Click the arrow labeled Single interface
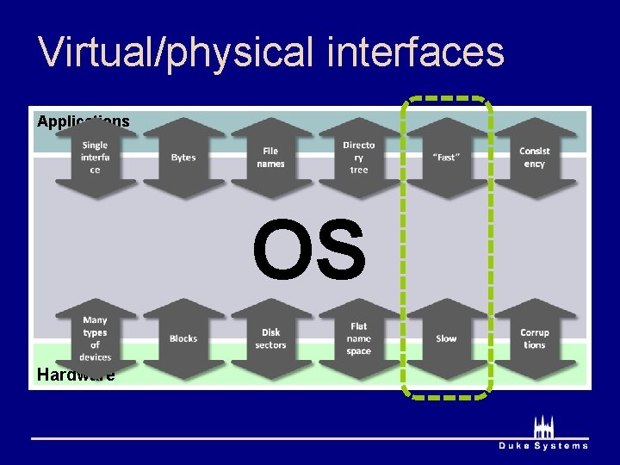96,158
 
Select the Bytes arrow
183,158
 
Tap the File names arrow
270,158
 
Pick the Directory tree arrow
358,158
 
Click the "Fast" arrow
446,158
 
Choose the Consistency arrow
534,158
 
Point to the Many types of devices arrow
96,338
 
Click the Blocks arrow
183,338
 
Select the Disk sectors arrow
270,338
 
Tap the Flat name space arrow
358,338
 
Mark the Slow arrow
446,338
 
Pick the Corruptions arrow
534,338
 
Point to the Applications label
83,121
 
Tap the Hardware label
76,375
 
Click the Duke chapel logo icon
543,427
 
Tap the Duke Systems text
543,445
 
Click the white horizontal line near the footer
258,438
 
